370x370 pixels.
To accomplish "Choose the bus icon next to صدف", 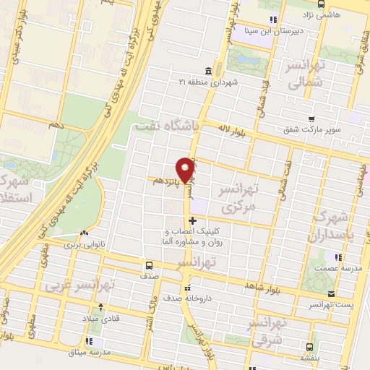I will pyautogui.click(x=149, y=264).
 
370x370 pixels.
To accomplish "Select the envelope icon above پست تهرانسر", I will pyautogui.click(x=331, y=295).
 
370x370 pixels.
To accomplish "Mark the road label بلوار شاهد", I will pyautogui.click(x=262, y=288).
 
